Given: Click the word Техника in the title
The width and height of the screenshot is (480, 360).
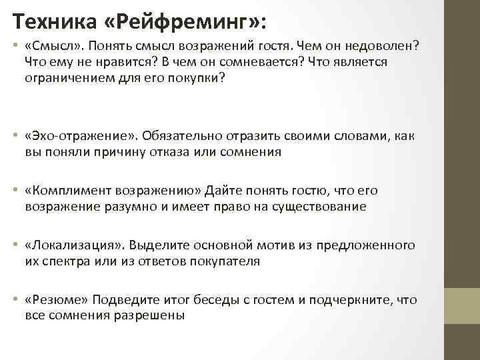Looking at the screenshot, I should pos(54,21).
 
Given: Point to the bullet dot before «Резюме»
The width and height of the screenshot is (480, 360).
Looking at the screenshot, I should pos(15,301).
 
